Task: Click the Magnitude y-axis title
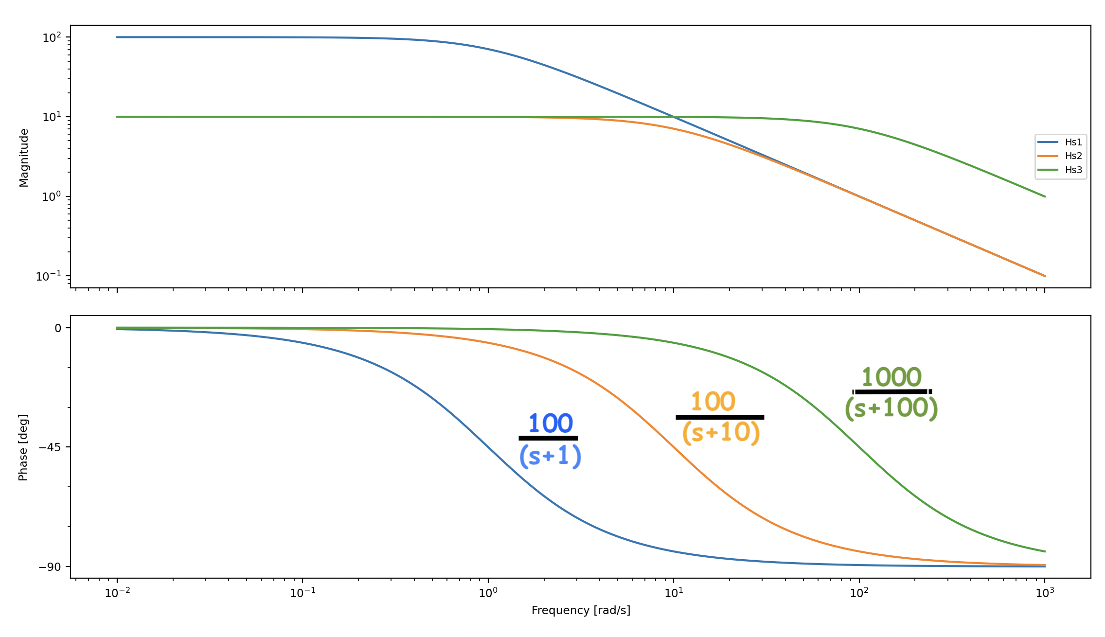pyautogui.click(x=24, y=158)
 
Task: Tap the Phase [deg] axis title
pyautogui.click(x=23, y=447)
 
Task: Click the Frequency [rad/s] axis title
pyautogui.click(x=581, y=610)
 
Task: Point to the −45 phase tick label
pyautogui.click(x=50, y=447)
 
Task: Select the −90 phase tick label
pyautogui.click(x=50, y=567)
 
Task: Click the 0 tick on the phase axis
pyautogui.click(x=58, y=328)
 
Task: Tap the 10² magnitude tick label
pyautogui.click(x=52, y=37)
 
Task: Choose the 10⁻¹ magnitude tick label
pyautogui.click(x=49, y=276)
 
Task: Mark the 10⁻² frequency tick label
pyautogui.click(x=117, y=593)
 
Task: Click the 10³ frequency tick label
pyautogui.click(x=1045, y=593)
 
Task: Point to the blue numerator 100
pyautogui.click(x=551, y=424)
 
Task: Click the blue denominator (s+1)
pyautogui.click(x=550, y=456)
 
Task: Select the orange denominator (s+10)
pyautogui.click(x=721, y=432)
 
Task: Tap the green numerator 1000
pyautogui.click(x=891, y=377)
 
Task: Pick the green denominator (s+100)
pyautogui.click(x=891, y=407)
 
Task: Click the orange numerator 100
pyautogui.click(x=713, y=402)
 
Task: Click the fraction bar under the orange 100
pyautogui.click(x=720, y=417)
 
